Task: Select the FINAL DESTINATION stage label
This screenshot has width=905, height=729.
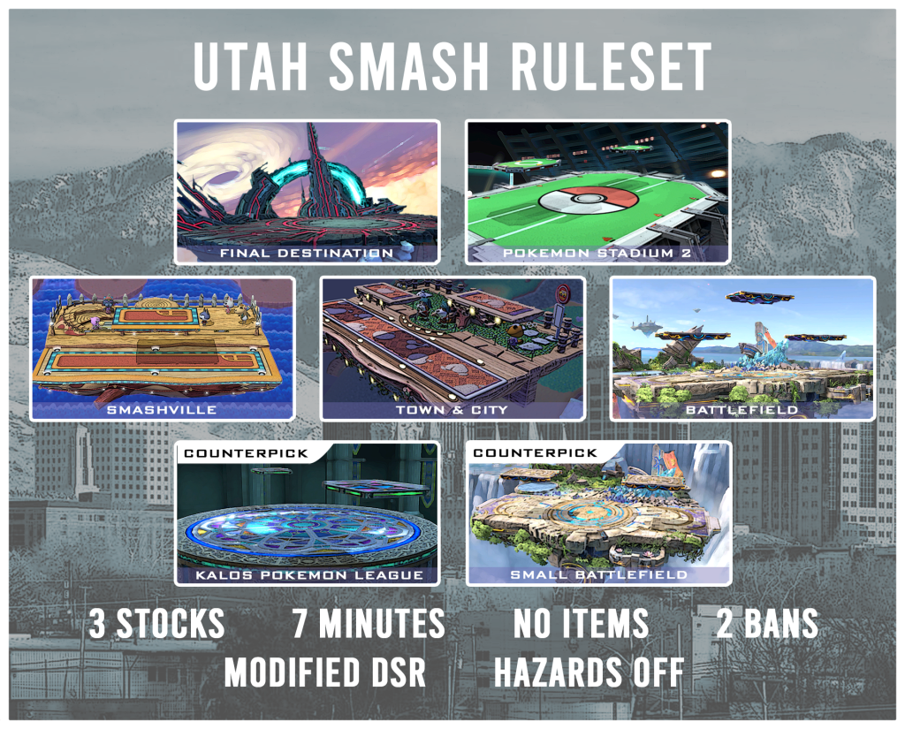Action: [308, 254]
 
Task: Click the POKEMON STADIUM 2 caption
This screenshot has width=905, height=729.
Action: [598, 254]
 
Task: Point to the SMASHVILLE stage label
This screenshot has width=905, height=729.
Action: [163, 410]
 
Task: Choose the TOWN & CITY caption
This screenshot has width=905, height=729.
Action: [452, 410]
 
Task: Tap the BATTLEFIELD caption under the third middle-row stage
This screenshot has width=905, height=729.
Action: [743, 410]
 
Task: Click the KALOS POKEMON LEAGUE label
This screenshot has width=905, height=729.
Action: [308, 575]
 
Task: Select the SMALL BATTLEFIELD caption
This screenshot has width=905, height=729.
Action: [598, 575]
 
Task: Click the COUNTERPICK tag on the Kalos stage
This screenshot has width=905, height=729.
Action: [245, 453]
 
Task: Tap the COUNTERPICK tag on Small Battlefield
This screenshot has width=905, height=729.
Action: [536, 453]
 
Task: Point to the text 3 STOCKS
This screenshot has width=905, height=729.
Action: [156, 625]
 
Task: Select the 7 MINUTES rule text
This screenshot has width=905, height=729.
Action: [369, 625]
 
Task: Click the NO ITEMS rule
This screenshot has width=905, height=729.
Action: [581, 625]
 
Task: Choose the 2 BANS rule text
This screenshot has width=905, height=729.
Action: [767, 625]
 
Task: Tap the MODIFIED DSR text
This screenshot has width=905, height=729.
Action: [325, 673]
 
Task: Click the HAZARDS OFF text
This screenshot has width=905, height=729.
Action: [589, 673]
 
